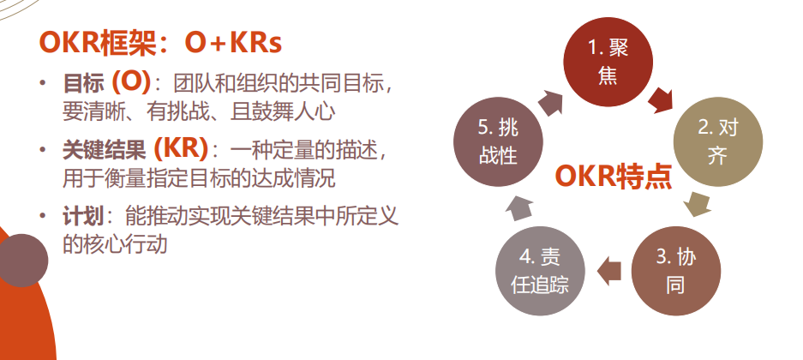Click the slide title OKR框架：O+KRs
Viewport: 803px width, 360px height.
coord(160,44)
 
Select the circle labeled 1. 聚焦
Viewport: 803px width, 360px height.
coord(608,62)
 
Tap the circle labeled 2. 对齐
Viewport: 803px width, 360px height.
coord(717,141)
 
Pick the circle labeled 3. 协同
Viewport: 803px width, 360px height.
coord(675,271)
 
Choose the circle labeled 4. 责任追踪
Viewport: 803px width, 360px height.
coord(540,271)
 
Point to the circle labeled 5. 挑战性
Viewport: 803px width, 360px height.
coord(498,141)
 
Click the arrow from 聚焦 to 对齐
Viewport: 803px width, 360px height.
coord(660,100)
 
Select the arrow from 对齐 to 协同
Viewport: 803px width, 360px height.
coord(698,205)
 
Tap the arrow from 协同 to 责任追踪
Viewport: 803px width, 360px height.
coord(609,271)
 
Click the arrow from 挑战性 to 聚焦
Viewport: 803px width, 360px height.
coord(551,102)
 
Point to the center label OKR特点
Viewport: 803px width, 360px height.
coord(613,177)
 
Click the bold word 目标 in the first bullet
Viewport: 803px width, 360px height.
coord(83,83)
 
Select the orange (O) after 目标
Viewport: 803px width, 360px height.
coord(131,82)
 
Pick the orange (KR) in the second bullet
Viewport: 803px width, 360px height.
coord(181,149)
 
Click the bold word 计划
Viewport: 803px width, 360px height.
coord(83,217)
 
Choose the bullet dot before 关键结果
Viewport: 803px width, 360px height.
coord(43,150)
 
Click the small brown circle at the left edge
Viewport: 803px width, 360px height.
coord(22,260)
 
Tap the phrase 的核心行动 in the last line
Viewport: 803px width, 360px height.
coord(115,244)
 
